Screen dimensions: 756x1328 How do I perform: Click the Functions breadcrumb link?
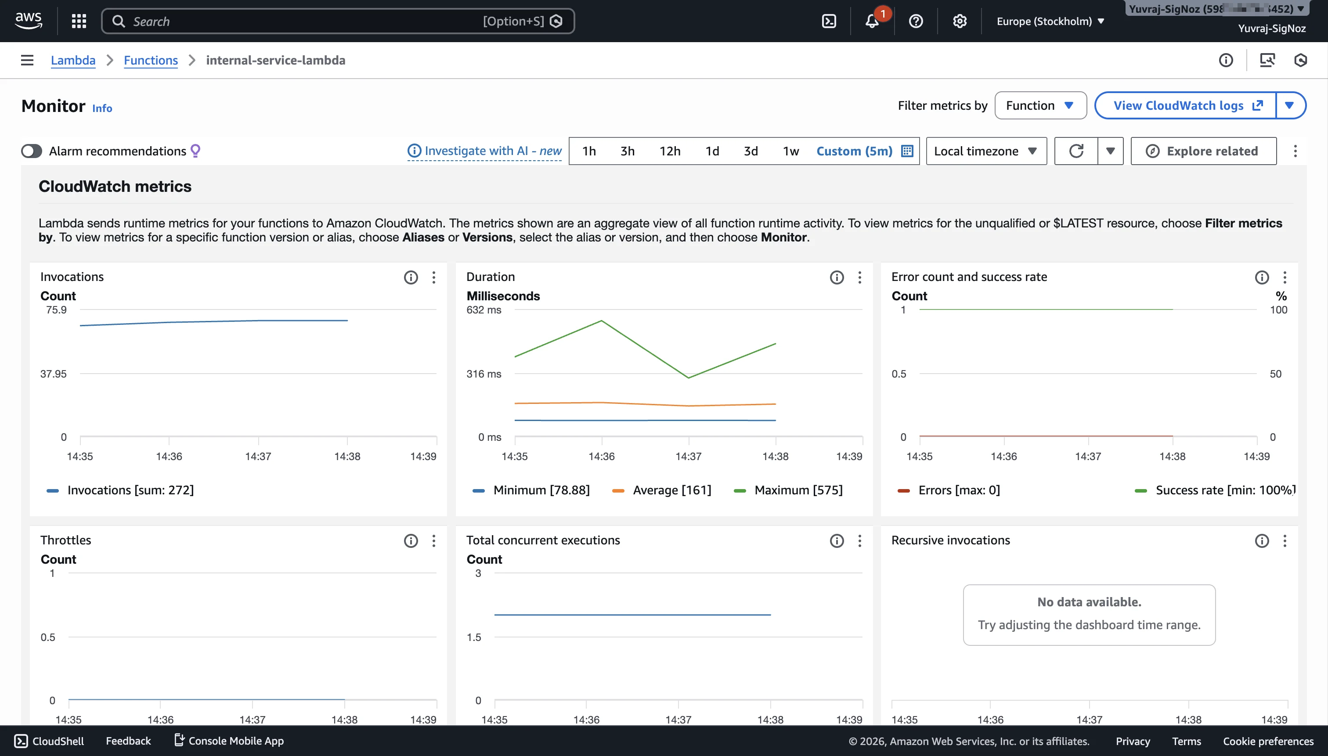tap(151, 60)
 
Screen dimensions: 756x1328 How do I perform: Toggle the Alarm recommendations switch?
tap(32, 151)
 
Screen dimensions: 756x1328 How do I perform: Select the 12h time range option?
tap(669, 151)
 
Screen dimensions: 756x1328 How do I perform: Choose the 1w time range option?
tap(790, 151)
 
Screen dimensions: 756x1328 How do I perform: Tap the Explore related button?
tap(1203, 151)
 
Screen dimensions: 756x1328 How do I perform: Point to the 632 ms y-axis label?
tap(484, 310)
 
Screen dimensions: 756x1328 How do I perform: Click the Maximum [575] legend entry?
tap(798, 490)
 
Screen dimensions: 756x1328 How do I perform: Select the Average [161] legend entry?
tap(671, 490)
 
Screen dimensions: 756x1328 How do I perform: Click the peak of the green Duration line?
tap(601, 321)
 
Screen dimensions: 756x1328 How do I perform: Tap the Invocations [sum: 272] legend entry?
tap(130, 490)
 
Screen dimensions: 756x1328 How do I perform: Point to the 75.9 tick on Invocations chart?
tap(56, 310)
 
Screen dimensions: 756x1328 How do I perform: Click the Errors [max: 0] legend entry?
tap(958, 490)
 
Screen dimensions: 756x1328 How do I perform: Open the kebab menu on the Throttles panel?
tap(434, 541)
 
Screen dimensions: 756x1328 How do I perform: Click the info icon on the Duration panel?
tap(836, 277)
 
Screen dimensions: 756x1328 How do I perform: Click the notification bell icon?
tap(872, 21)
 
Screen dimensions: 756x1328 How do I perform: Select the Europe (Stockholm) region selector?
tap(1050, 21)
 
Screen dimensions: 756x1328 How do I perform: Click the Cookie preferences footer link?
tap(1268, 741)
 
